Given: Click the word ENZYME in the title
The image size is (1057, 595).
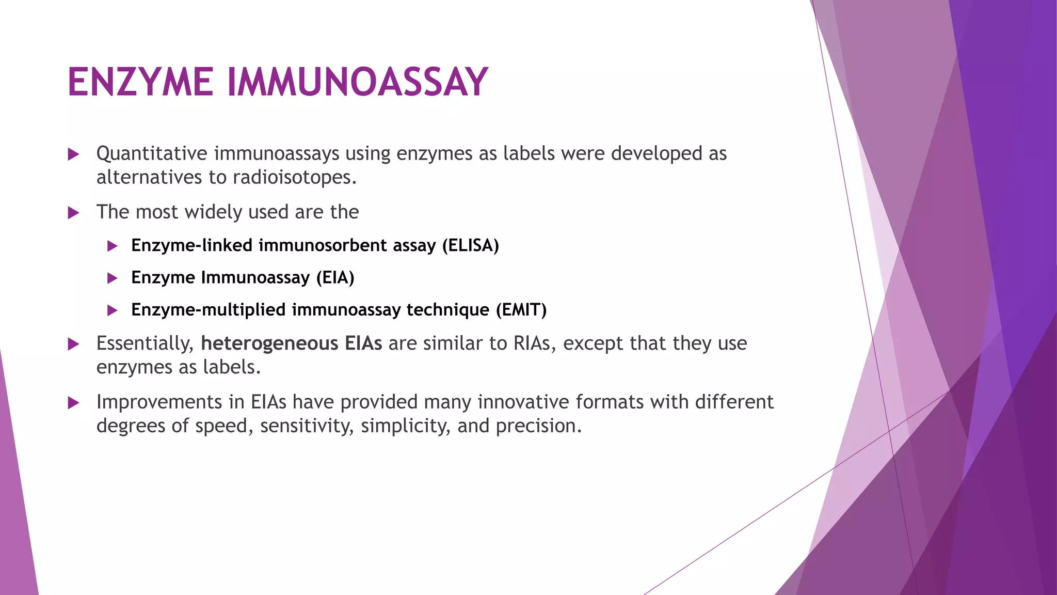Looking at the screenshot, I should pyautogui.click(x=140, y=83).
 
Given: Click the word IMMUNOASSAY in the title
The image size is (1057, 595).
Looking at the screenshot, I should pyautogui.click(x=357, y=83).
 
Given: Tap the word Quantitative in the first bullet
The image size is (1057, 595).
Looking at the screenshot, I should pyautogui.click(x=152, y=154).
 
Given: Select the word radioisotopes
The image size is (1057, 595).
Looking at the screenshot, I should pyautogui.click(x=294, y=178).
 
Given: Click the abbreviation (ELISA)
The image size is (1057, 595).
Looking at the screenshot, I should pyautogui.click(x=470, y=245).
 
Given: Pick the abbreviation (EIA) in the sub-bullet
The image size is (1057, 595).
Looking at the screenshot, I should pyautogui.click(x=335, y=278).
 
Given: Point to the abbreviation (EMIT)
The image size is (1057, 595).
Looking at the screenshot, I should pyautogui.click(x=521, y=310).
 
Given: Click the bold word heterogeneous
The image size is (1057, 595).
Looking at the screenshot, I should pyautogui.click(x=269, y=343).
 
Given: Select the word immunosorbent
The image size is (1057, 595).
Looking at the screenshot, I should pyautogui.click(x=322, y=245).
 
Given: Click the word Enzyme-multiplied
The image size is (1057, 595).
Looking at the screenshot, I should pyautogui.click(x=208, y=310).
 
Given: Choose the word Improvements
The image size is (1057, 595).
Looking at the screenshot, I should pyautogui.click(x=152, y=402).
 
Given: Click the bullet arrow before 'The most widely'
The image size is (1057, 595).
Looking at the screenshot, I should pyautogui.click(x=73, y=213).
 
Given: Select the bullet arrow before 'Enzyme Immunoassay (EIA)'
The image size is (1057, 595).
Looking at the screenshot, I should pyautogui.click(x=112, y=278).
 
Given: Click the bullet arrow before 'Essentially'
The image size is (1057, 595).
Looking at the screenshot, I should pyautogui.click(x=73, y=344).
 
